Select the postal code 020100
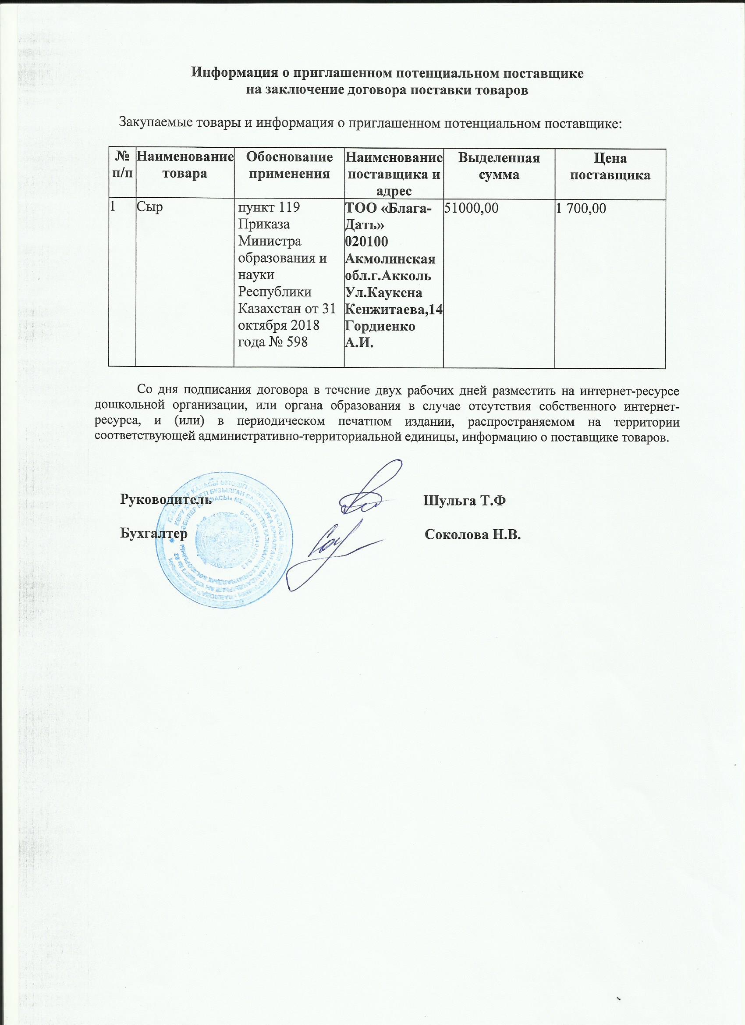click(x=366, y=242)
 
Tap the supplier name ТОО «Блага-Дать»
click(x=388, y=217)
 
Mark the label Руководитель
click(x=165, y=500)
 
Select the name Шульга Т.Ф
click(x=464, y=501)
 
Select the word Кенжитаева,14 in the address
click(x=394, y=310)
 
